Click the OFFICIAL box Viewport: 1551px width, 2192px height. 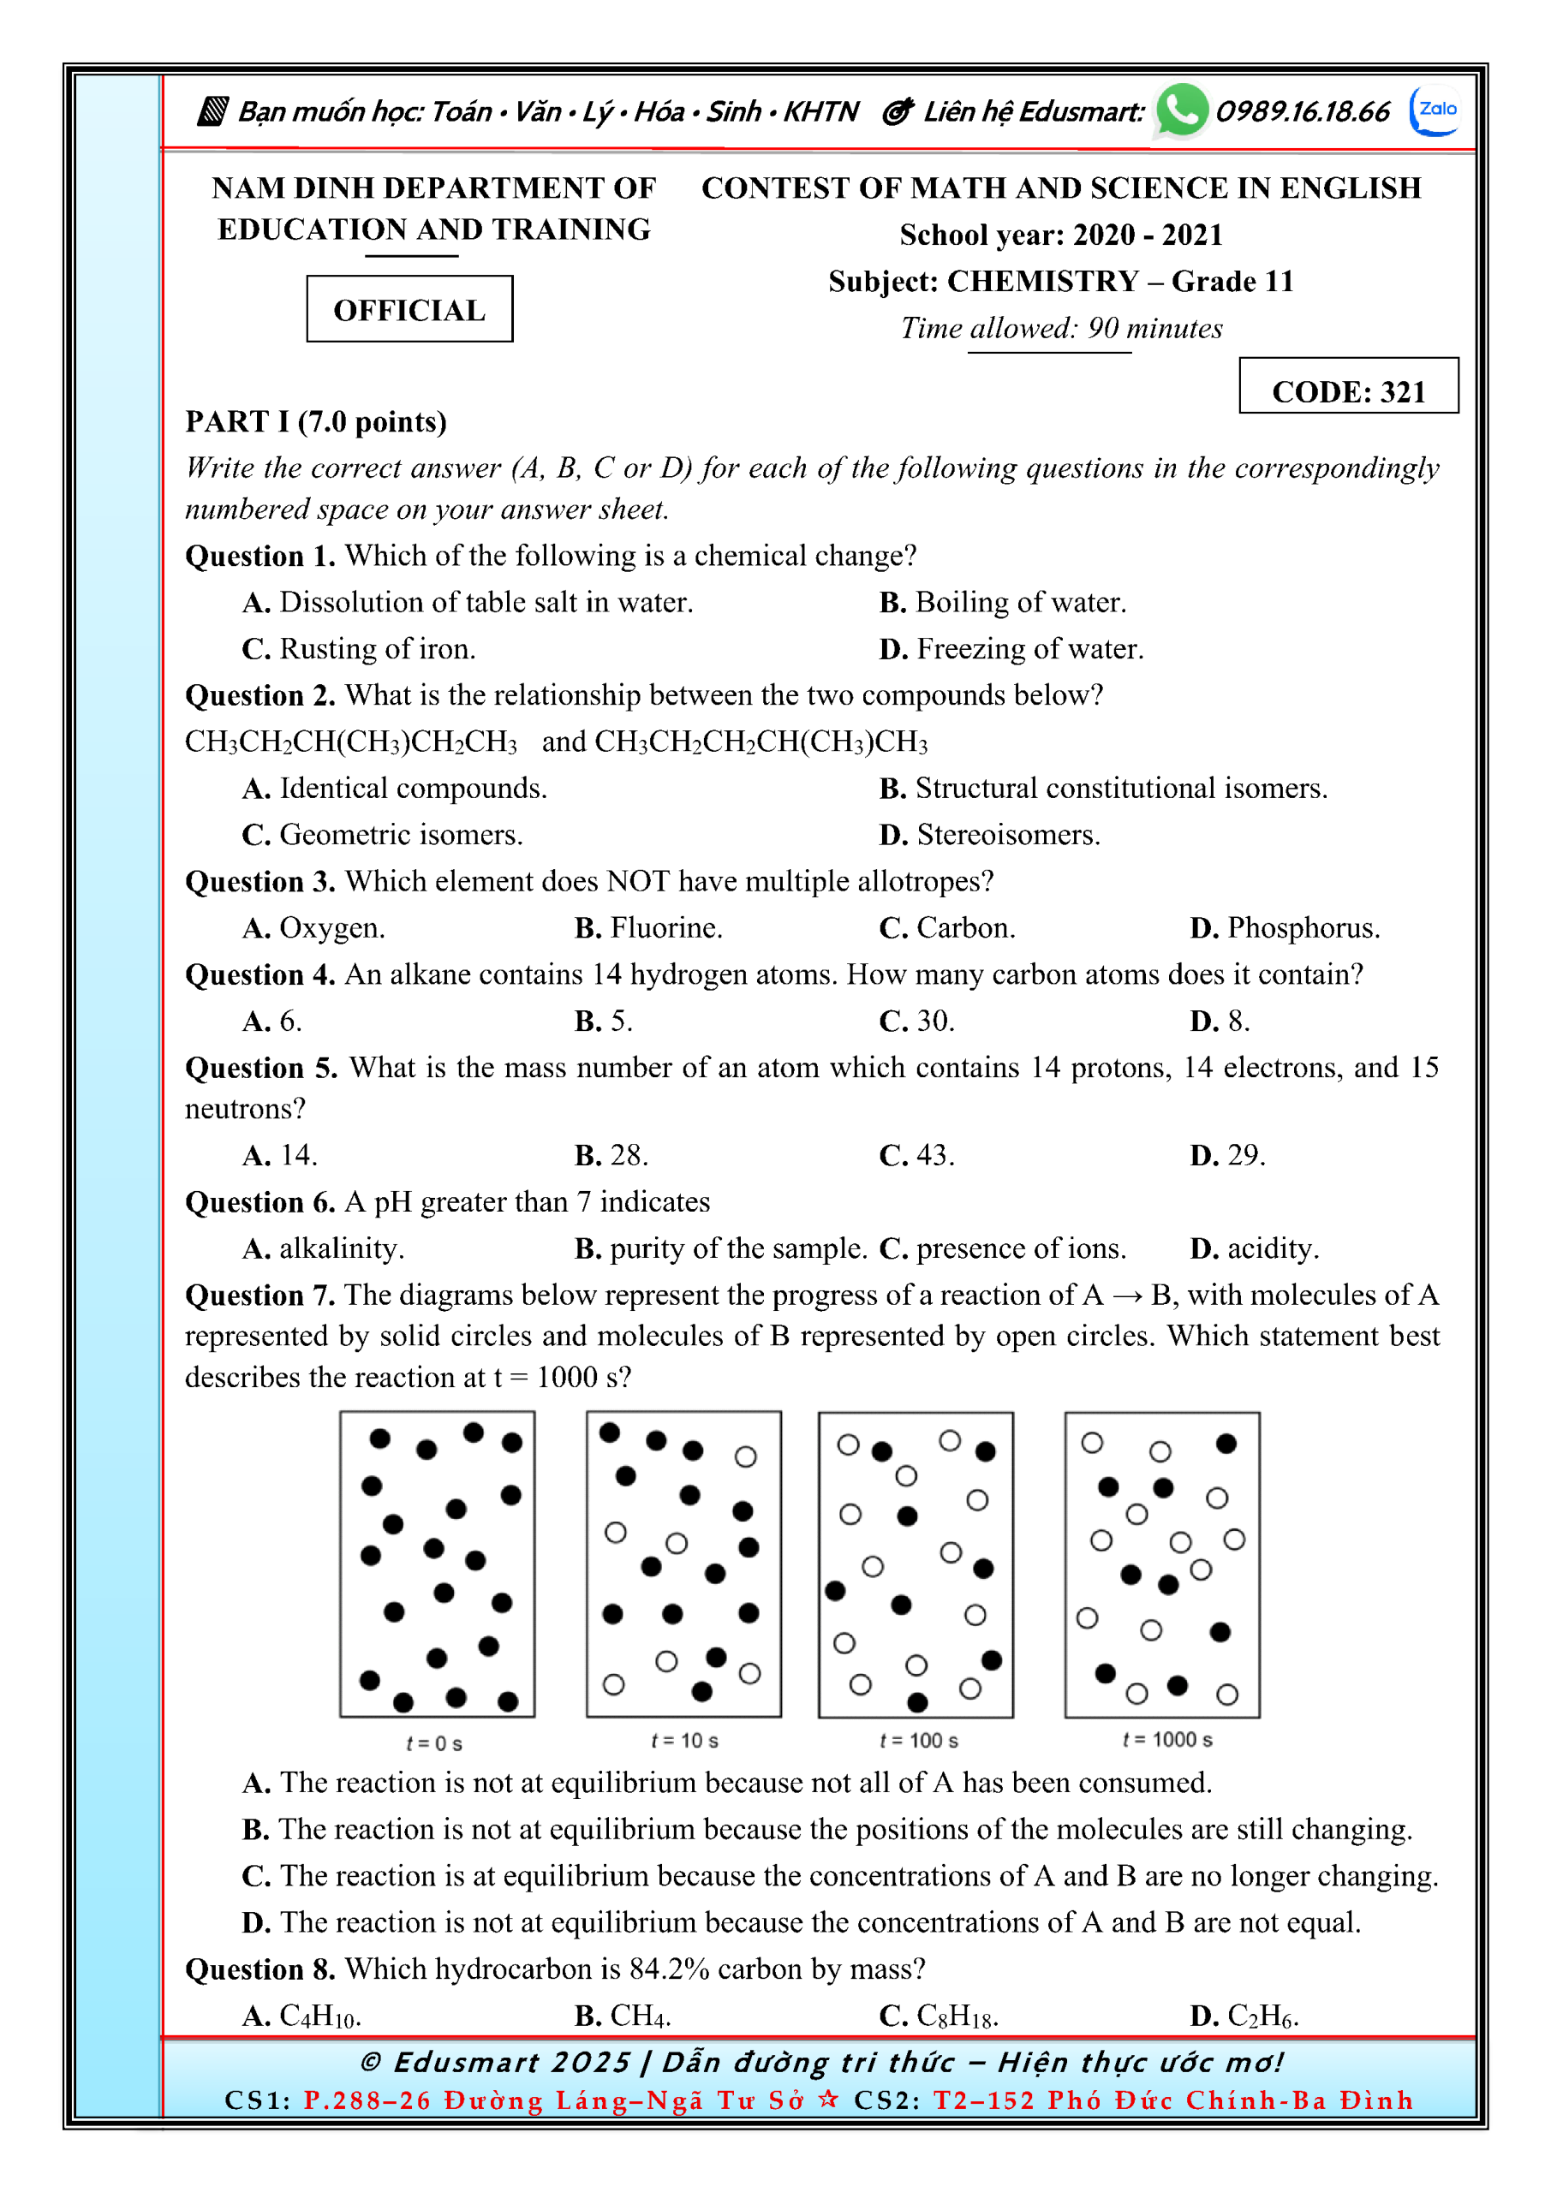(409, 309)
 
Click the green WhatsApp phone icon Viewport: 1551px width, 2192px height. (1180, 110)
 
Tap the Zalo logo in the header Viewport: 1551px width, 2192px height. (1435, 110)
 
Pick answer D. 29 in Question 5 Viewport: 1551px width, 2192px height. (1227, 1154)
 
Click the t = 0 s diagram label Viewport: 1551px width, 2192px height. (433, 1743)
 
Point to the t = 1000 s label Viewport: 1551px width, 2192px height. (1167, 1739)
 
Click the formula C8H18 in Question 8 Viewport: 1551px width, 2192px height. (956, 2016)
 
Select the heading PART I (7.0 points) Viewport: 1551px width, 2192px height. (315, 421)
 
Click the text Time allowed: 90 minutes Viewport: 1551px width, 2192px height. (1060, 329)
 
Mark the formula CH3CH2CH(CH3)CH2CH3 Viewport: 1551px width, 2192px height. (350, 742)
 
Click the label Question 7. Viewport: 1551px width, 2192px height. (259, 1295)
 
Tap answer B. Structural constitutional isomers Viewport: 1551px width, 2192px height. (1102, 788)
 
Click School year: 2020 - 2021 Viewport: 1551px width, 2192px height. (1060, 235)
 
